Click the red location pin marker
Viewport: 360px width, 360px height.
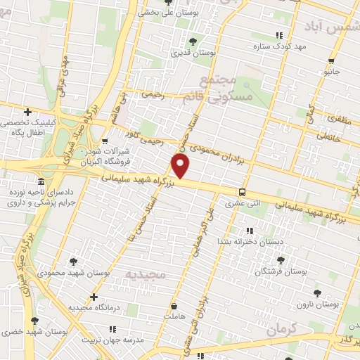pos(181,166)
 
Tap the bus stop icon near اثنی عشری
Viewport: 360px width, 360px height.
pos(243,192)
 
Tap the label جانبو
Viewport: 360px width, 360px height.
pos(332,71)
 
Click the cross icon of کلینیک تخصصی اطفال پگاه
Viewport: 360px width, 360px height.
pos(27,111)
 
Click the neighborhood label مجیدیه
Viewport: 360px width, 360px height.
pos(146,271)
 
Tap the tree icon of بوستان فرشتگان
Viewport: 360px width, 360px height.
pos(281,259)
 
